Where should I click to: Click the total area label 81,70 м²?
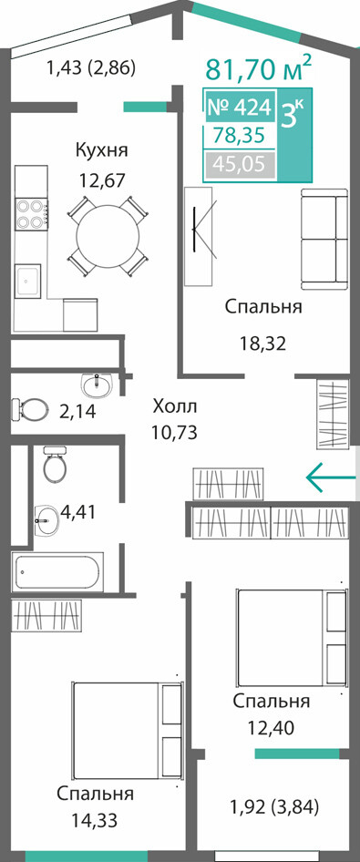pos(258,68)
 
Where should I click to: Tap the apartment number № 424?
pos(239,108)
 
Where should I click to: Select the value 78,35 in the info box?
pos(240,135)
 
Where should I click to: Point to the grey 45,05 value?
pos(240,164)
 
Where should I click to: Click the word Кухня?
pos(102,149)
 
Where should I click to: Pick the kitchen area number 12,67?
pos(102,180)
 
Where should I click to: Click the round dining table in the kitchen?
pos(108,236)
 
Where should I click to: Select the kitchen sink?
pos(28,281)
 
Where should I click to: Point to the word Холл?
pos(174,407)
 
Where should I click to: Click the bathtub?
pos(57,572)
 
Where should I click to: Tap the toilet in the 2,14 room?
pos(28,409)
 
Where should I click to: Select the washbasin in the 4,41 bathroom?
pos(47,518)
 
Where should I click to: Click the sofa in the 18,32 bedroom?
pos(324,239)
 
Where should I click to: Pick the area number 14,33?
pos(95,821)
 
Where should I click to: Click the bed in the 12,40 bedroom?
pos(292,638)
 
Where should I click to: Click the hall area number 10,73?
pos(174,433)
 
